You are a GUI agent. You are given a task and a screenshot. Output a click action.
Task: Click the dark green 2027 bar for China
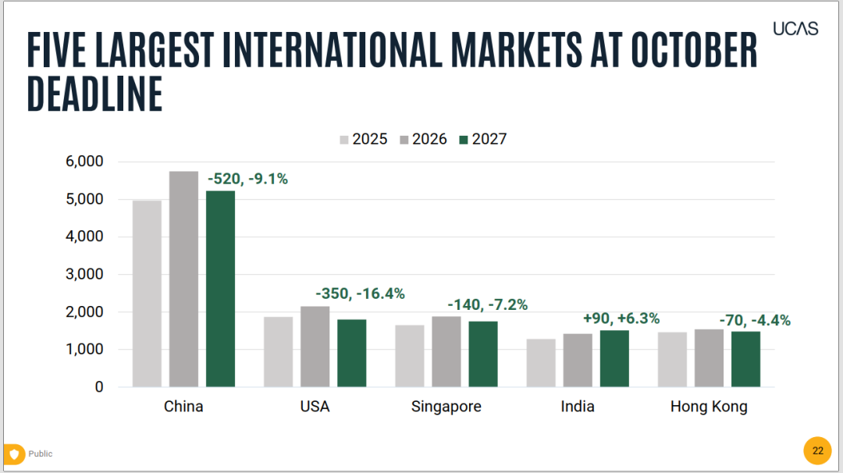point(220,289)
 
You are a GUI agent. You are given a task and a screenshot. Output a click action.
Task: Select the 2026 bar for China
point(184,279)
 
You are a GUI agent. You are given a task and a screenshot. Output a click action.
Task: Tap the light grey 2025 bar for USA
point(279,351)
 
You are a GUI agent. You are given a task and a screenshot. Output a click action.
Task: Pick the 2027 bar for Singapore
point(483,354)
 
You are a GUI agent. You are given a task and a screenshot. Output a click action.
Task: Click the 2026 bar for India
point(578,360)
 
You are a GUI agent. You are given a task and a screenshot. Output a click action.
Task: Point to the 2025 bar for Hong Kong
point(673,360)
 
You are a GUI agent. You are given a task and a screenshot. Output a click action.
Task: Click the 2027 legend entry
point(483,139)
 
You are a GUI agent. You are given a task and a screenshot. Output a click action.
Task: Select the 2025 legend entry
point(364,139)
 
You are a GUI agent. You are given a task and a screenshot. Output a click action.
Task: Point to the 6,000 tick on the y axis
point(84,162)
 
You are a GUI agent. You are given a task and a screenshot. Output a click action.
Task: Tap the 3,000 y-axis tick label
point(84,274)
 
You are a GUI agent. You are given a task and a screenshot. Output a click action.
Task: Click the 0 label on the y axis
point(99,387)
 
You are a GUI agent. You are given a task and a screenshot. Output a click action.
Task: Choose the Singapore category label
point(446,407)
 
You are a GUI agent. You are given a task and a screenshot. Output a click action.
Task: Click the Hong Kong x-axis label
point(709,407)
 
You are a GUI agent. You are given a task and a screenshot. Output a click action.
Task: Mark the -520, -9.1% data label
point(248,179)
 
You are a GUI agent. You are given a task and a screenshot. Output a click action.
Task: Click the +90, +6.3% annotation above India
point(621,318)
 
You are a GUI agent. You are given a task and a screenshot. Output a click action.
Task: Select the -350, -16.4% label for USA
point(360,294)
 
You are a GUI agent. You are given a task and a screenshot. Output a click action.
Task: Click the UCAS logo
point(795,28)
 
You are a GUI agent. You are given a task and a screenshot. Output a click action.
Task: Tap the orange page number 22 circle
point(818,450)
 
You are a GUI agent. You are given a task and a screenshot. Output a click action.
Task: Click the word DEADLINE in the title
point(94,94)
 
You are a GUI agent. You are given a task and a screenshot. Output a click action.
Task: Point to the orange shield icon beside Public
point(15,454)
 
